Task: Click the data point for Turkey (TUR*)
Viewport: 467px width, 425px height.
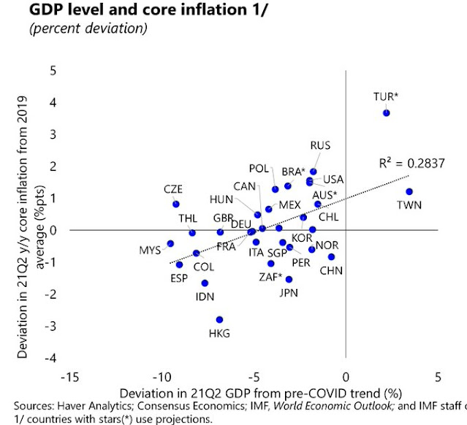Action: pyautogui.click(x=387, y=113)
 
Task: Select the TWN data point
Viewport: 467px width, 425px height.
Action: pyautogui.click(x=409, y=192)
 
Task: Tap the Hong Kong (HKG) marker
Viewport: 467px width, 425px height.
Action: pyautogui.click(x=219, y=319)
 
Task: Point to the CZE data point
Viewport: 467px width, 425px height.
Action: pyautogui.click(x=175, y=204)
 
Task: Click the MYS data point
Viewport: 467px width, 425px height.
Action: pyautogui.click(x=170, y=243)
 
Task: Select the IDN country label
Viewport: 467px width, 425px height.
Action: pyautogui.click(x=205, y=296)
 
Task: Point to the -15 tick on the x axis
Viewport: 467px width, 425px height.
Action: pyautogui.click(x=69, y=378)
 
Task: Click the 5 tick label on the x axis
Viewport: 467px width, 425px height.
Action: pyautogui.click(x=438, y=378)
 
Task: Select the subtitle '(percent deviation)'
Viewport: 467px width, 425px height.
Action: pyautogui.click(x=86, y=29)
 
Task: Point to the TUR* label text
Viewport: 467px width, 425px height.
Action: pyautogui.click(x=385, y=96)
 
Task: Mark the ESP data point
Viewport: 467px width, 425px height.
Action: pyautogui.click(x=179, y=264)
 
